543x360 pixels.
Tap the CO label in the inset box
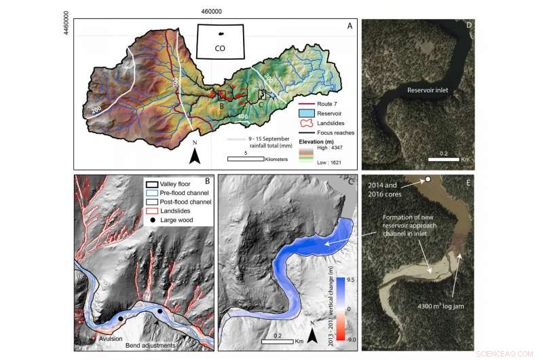pos(220,48)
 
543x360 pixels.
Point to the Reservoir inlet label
pos(431,89)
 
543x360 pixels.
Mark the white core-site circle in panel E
pos(428,179)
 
